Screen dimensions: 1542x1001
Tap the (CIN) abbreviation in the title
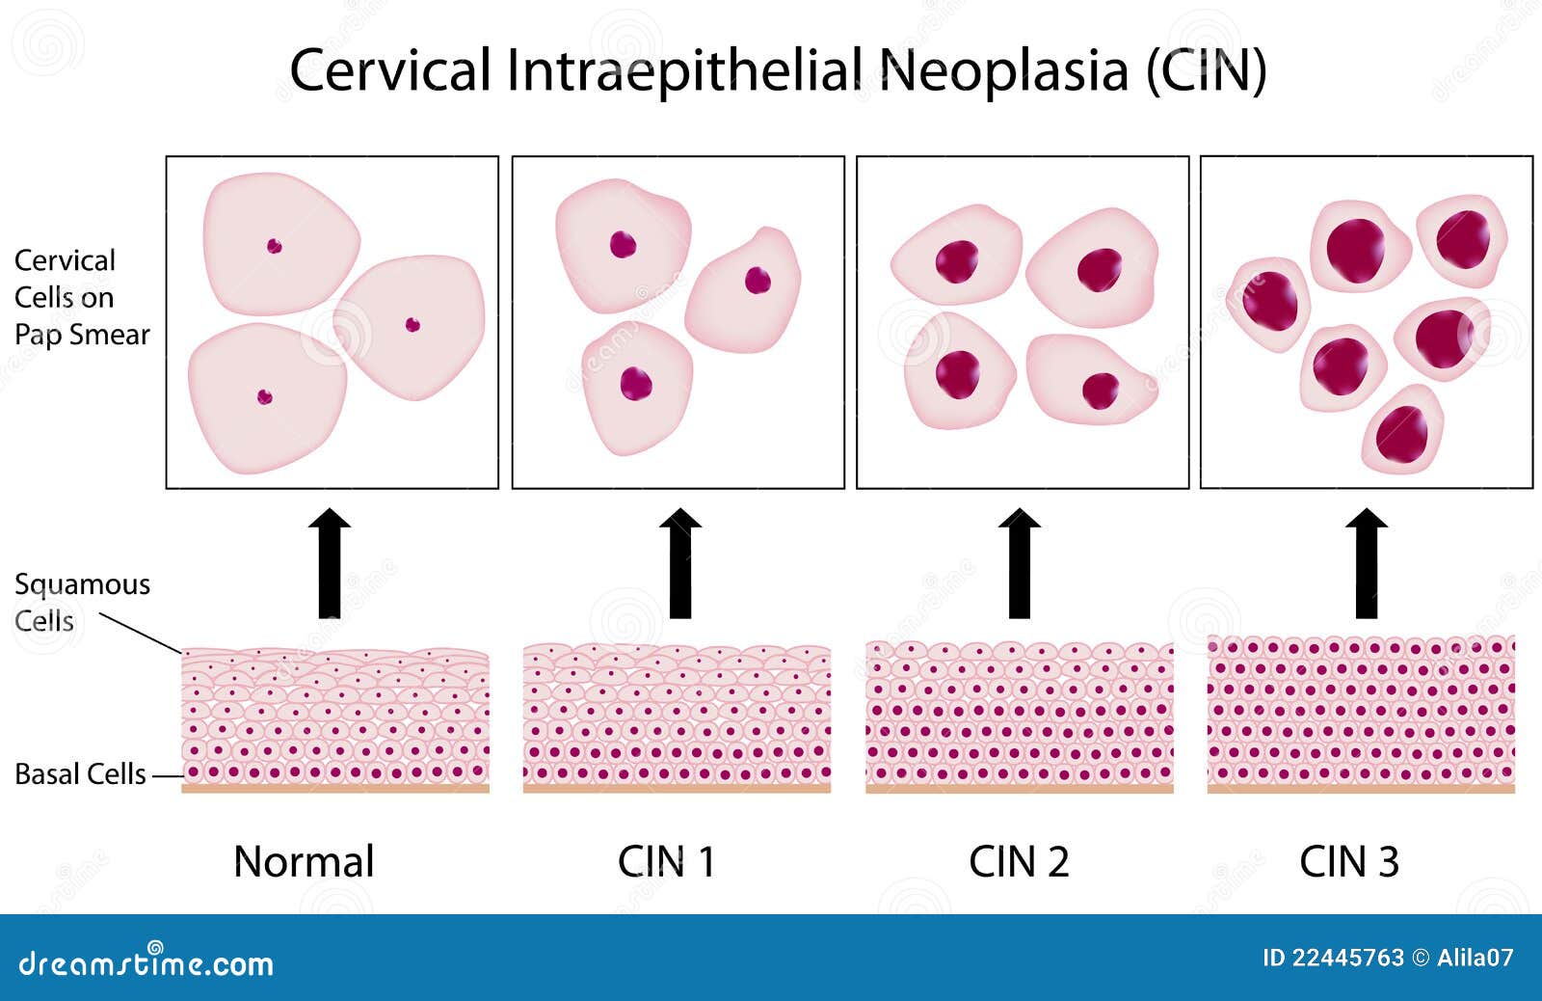click(1206, 70)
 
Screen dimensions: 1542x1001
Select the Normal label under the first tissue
click(304, 861)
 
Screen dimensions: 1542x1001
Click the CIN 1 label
click(666, 861)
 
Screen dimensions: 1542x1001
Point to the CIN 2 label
click(1019, 861)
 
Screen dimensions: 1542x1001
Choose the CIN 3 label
click(1349, 861)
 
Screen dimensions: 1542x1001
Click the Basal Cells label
click(81, 774)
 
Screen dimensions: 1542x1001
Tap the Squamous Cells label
click(82, 603)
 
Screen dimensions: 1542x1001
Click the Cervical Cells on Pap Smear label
click(82, 298)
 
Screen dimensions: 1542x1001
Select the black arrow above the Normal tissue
click(330, 563)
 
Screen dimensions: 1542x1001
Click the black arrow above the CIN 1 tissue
click(680, 563)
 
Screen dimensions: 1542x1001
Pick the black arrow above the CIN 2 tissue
click(1020, 563)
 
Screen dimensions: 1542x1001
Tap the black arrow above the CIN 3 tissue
click(1367, 563)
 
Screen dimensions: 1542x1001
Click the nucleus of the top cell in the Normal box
click(275, 246)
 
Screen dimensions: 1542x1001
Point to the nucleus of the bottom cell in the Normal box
click(265, 396)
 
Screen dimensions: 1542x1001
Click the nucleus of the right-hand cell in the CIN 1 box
click(758, 281)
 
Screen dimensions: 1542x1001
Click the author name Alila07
click(1476, 958)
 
